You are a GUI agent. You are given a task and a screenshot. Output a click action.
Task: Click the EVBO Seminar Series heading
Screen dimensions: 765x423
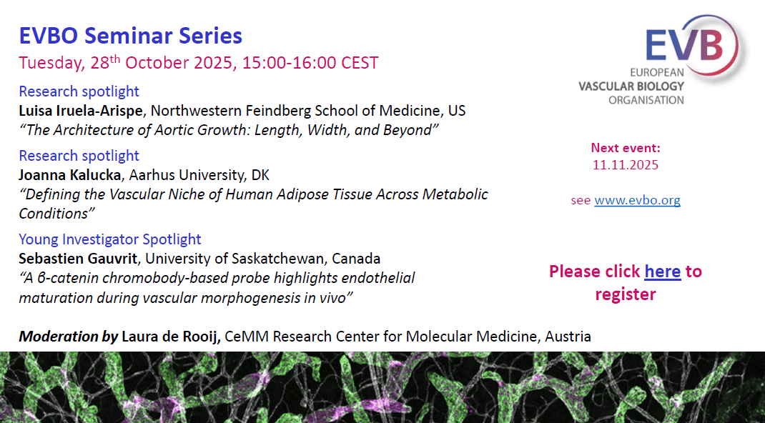click(131, 36)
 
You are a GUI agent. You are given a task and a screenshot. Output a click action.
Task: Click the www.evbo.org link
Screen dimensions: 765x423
click(637, 200)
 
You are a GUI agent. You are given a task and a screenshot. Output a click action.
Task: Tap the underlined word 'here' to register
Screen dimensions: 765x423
click(663, 271)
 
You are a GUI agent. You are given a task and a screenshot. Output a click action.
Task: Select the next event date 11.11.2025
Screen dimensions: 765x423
click(626, 165)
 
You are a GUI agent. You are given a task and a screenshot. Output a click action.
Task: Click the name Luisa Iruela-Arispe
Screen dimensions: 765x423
click(81, 111)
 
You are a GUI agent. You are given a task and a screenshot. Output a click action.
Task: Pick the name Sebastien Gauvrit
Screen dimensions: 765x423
click(78, 258)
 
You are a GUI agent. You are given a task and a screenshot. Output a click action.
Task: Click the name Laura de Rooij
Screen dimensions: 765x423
click(171, 337)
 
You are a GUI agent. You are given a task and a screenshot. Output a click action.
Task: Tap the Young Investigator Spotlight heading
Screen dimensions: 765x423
click(110, 239)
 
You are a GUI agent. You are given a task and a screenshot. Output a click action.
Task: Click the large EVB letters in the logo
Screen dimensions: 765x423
click(684, 44)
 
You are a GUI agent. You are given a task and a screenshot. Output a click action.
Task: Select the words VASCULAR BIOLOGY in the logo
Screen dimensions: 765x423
click(631, 86)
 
